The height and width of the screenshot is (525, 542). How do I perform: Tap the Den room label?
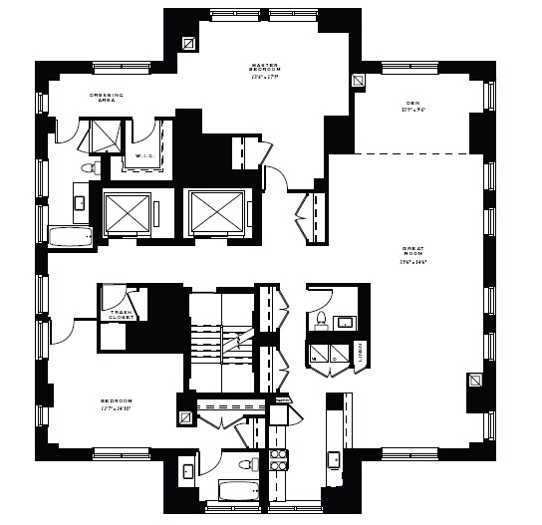[413, 104]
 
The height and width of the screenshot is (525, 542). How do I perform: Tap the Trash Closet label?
[122, 317]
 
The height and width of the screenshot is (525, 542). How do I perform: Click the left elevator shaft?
[126, 211]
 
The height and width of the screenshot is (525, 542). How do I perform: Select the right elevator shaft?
[215, 211]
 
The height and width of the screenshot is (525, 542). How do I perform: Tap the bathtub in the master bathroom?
[70, 237]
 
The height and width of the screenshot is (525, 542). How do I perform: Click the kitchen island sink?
[334, 460]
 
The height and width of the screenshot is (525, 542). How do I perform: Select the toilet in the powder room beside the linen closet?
[321, 319]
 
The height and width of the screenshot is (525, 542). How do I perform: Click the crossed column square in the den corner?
[360, 83]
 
